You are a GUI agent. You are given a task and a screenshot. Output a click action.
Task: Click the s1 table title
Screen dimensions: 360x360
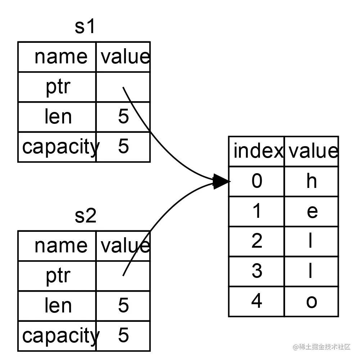tap(85, 27)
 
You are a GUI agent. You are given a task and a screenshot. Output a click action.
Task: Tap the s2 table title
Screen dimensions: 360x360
tap(85, 216)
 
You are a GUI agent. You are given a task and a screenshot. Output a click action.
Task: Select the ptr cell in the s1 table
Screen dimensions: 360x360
tap(58, 87)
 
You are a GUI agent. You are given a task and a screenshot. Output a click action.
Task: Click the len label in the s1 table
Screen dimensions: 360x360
tap(58, 117)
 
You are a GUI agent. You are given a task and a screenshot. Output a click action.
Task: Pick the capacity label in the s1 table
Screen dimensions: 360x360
tap(59, 147)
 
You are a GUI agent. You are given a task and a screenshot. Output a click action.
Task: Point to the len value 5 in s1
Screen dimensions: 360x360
tap(123, 117)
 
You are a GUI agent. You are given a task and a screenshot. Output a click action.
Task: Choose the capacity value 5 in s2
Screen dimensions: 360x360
tap(123, 335)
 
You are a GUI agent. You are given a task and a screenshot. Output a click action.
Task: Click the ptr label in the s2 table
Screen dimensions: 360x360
tap(58, 276)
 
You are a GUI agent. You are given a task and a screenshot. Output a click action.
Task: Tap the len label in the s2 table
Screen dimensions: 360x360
tap(58, 306)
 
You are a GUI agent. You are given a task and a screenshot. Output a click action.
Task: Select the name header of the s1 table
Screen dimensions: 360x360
tap(60, 57)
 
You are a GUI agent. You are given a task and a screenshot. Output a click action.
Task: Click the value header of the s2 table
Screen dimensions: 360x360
tap(125, 246)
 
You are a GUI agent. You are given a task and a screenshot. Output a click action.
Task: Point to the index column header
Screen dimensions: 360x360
tap(257, 151)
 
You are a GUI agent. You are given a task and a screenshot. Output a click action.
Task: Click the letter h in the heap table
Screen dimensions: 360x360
tap(311, 181)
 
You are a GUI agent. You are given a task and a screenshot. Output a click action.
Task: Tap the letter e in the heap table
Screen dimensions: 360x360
tap(312, 211)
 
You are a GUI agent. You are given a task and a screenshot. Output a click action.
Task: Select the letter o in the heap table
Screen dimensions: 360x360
tap(311, 301)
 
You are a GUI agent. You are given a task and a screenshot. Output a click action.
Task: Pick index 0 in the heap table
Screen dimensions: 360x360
tap(257, 181)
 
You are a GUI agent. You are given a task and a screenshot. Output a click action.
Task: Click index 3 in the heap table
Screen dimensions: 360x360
tap(257, 271)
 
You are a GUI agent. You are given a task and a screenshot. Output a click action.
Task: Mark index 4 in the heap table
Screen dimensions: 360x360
tap(257, 301)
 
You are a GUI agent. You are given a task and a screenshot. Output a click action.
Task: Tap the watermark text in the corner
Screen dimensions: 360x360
tap(321, 347)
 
